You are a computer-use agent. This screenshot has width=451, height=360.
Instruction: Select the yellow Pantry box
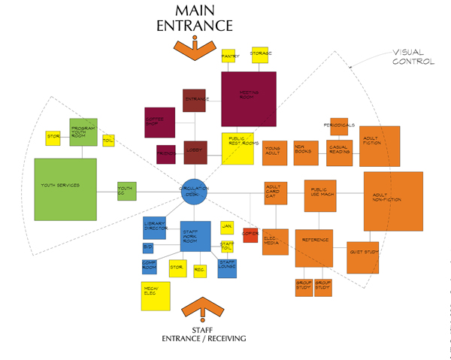click(x=229, y=56)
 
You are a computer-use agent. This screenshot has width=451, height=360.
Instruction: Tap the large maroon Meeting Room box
click(x=248, y=98)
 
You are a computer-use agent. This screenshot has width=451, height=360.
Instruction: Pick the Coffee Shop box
click(x=159, y=121)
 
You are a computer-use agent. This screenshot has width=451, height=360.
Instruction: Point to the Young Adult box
click(x=274, y=154)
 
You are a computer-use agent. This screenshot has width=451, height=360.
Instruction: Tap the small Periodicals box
click(x=338, y=126)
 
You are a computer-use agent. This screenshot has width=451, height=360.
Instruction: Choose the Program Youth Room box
click(x=84, y=132)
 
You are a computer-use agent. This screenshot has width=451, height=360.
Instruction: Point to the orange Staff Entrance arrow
click(x=202, y=311)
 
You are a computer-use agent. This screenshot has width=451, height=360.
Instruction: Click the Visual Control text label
click(x=413, y=57)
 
